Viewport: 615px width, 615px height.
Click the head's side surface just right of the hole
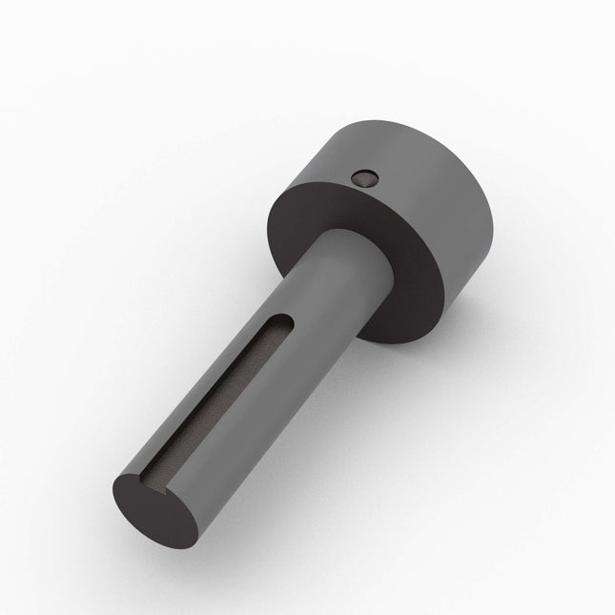point(400,172)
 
